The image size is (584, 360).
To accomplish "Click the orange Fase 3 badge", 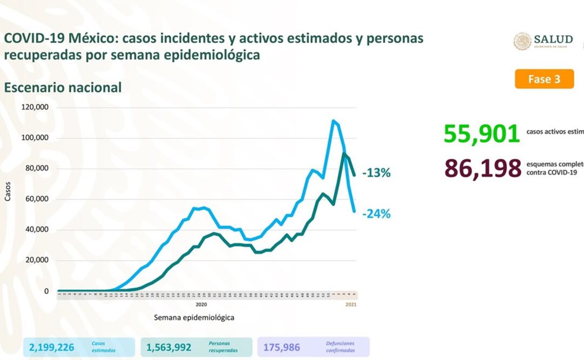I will point(543,79).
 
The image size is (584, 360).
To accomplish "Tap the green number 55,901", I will point(481,133).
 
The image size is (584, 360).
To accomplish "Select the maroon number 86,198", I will point(482,169).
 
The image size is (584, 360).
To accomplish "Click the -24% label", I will point(377,214).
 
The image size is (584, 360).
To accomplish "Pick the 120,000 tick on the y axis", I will point(35,107).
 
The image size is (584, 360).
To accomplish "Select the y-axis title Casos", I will point(8,193).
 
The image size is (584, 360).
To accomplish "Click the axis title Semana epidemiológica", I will point(194,317).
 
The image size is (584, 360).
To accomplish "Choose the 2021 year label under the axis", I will point(351,304).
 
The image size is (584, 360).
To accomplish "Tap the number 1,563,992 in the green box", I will point(169,347).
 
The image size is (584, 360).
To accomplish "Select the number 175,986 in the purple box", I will point(281,347).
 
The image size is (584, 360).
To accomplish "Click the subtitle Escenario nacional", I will point(63,88).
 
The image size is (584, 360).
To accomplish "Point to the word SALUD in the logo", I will point(553,39).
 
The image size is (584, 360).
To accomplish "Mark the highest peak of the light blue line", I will point(333,121).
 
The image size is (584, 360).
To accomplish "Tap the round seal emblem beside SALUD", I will point(522,42).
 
